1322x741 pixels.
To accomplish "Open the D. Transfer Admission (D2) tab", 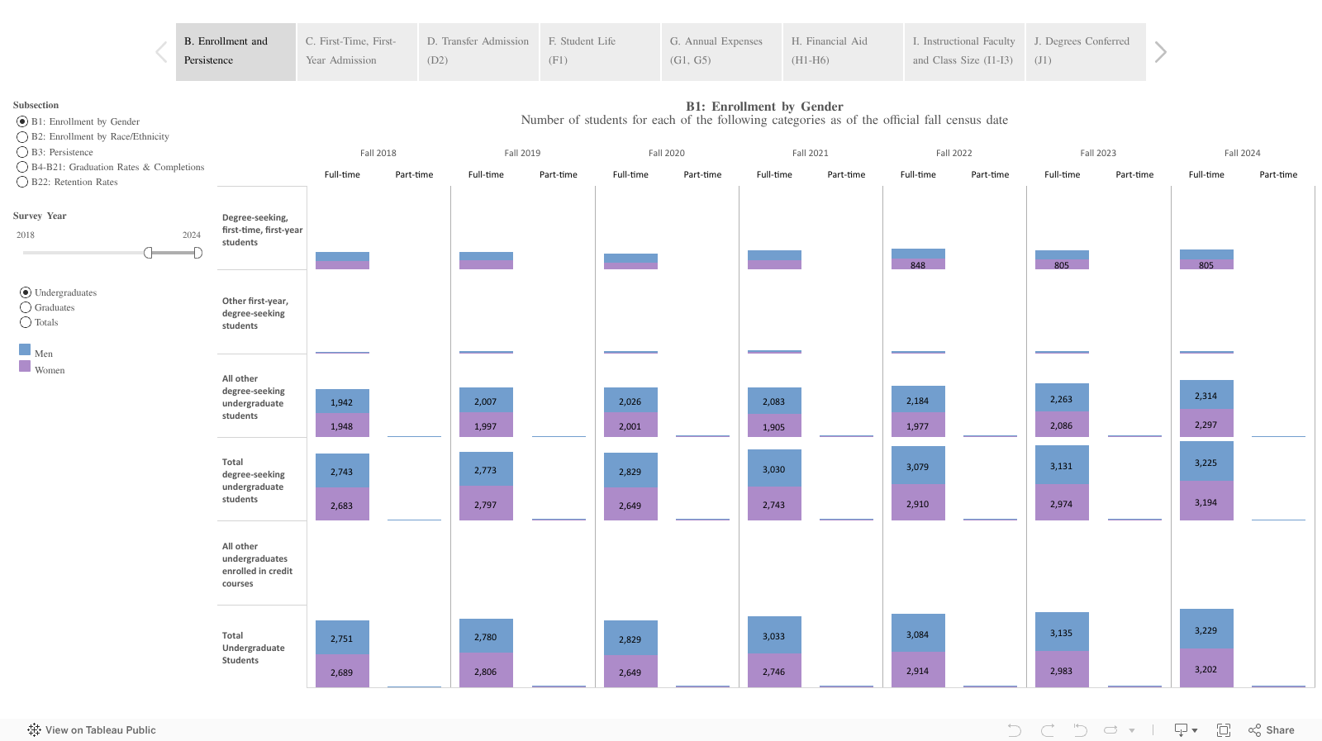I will tap(478, 51).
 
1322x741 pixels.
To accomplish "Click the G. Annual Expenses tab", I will tap(720, 51).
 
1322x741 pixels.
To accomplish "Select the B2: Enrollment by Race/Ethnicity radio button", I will tap(23, 137).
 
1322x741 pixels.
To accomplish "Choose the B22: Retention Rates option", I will tap(23, 182).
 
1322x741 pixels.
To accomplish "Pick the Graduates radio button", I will tap(26, 307).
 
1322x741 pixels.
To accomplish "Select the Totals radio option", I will tap(26, 322).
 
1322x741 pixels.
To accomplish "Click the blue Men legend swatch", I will tap(25, 349).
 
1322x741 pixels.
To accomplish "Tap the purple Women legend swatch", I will tap(25, 366).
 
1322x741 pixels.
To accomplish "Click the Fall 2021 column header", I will tap(810, 153).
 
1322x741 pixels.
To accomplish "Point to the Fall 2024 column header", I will tap(1242, 153).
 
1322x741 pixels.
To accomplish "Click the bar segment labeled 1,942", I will tap(342, 401).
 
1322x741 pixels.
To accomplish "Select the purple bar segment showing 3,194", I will tap(1205, 501).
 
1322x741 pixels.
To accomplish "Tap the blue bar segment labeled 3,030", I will tap(774, 468).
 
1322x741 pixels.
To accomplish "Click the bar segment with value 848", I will tap(918, 264).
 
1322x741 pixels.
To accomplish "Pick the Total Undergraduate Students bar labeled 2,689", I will tap(342, 672).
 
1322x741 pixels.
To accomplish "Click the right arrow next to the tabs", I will tap(1160, 52).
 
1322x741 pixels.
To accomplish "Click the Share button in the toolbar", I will tap(1272, 730).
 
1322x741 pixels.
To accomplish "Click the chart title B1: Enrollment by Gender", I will tap(764, 107).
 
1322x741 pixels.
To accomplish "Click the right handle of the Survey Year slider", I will tap(197, 253).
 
